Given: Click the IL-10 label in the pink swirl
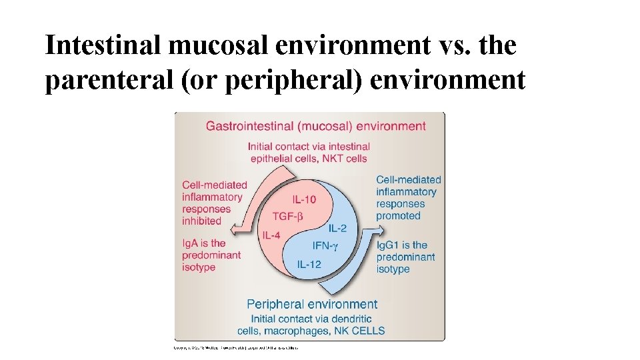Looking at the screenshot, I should (304, 199).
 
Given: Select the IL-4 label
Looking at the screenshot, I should (272, 235).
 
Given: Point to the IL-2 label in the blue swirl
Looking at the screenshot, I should (337, 228).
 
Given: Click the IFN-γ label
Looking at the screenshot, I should (325, 246).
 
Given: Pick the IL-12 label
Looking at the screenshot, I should (309, 264).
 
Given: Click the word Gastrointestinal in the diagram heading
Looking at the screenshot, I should (248, 126).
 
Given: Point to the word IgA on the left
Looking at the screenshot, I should (191, 243).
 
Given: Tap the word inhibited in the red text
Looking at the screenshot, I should (201, 221).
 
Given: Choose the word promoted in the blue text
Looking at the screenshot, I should (398, 216).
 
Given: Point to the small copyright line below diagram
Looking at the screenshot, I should (236, 347).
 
